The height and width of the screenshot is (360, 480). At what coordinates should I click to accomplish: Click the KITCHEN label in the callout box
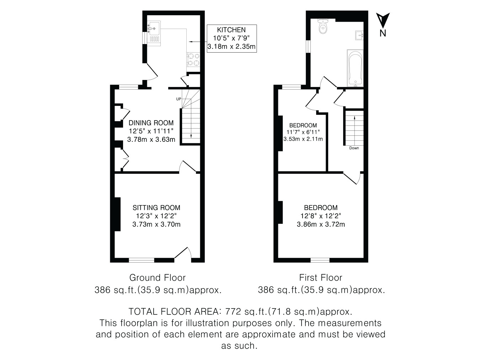pos(231,30)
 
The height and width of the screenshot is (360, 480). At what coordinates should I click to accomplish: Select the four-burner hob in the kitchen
pos(193,60)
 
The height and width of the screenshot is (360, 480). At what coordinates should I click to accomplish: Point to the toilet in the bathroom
pos(323,26)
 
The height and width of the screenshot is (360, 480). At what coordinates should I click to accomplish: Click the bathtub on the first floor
pos(355,68)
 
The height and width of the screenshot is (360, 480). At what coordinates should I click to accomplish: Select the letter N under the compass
pos(383,33)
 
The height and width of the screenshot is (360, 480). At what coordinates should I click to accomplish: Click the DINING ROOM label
pos(151,123)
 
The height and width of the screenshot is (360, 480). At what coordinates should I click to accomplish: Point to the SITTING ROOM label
pos(156,208)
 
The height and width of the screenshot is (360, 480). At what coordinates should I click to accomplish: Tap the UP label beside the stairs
pos(178,99)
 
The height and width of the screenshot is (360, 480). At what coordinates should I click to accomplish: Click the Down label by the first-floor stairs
pos(354,148)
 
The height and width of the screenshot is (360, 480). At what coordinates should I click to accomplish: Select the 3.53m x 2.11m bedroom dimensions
pos(303,139)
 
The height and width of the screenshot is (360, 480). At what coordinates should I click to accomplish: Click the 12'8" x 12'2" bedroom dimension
pos(321,216)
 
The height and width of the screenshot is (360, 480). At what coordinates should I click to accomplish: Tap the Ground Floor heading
pos(158,278)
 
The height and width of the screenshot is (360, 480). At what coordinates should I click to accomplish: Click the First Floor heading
pos(321,278)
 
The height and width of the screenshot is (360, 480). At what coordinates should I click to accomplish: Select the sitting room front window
pos(142,260)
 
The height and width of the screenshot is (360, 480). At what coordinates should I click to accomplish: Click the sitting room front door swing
pos(183,253)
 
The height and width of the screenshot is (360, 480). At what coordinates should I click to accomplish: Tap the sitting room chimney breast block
pos(117,214)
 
